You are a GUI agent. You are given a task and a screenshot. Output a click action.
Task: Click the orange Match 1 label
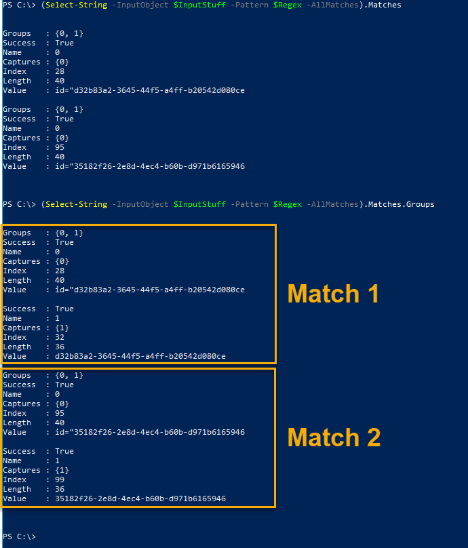point(333,294)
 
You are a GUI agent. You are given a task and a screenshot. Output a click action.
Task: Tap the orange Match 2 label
point(334,437)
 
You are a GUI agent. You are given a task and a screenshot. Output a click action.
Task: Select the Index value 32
point(60,337)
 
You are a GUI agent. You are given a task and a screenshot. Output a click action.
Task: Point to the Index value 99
point(60,480)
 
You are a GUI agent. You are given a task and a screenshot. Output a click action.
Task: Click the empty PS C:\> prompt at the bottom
point(19,536)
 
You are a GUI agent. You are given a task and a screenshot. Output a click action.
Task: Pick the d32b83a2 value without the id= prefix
point(140,356)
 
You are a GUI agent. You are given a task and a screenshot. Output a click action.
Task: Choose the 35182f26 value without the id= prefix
point(140,498)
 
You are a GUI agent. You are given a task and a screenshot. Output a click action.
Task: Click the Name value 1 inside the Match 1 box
point(58,318)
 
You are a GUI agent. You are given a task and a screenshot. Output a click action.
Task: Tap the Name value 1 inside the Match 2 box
point(58,461)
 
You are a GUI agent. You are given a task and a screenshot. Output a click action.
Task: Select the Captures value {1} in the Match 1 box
point(62,328)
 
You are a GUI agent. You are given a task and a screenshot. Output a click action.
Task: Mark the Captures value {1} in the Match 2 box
point(62,470)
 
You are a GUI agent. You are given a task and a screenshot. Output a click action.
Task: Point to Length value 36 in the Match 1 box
point(60,347)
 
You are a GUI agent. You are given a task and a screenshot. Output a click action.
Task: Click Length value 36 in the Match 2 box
point(60,489)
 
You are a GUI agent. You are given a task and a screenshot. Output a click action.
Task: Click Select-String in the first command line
point(76,5)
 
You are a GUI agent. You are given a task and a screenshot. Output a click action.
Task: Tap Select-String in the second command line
point(76,204)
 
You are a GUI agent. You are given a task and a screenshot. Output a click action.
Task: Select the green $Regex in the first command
point(288,5)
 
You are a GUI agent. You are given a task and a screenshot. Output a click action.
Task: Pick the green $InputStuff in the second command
point(199,204)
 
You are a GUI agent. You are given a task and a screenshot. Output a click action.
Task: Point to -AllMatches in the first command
point(332,5)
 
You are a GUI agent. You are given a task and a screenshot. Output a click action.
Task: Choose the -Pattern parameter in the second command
point(250,204)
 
